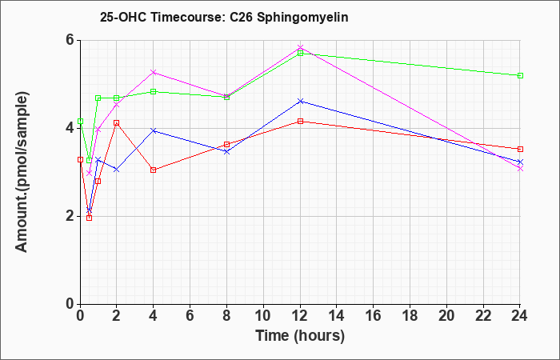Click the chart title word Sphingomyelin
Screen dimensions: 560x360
pos(302,18)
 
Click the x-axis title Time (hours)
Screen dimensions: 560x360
pos(300,336)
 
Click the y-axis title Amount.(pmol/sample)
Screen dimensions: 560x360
pos(22,172)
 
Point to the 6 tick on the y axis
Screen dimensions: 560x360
pos(70,40)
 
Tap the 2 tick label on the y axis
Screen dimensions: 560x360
pos(70,217)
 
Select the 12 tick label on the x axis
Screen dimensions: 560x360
pos(300,316)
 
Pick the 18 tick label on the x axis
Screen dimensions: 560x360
pos(410,316)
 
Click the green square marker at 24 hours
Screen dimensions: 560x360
pos(520,76)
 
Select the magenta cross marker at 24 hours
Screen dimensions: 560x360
pos(520,169)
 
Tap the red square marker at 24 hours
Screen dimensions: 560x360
pos(520,150)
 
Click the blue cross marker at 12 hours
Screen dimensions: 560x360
pos(300,102)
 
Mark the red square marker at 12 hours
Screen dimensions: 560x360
pos(300,122)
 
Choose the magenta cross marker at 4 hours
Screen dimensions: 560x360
pos(154,73)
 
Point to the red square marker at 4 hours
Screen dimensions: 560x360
pos(154,170)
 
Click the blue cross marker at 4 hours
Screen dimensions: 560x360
pos(154,130)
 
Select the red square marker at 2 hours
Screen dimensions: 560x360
pos(116,123)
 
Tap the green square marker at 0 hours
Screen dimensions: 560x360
pos(80,122)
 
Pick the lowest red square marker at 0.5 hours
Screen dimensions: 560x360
pos(90,218)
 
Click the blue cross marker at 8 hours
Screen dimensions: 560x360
pos(226,152)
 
